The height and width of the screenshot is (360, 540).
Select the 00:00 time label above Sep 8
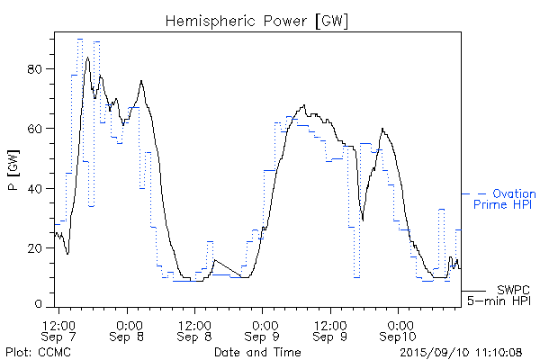[x=129, y=323]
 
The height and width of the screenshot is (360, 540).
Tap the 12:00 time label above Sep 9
[x=331, y=323]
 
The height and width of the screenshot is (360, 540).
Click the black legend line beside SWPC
[x=473, y=291]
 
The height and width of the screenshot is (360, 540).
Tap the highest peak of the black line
[x=87, y=58]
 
